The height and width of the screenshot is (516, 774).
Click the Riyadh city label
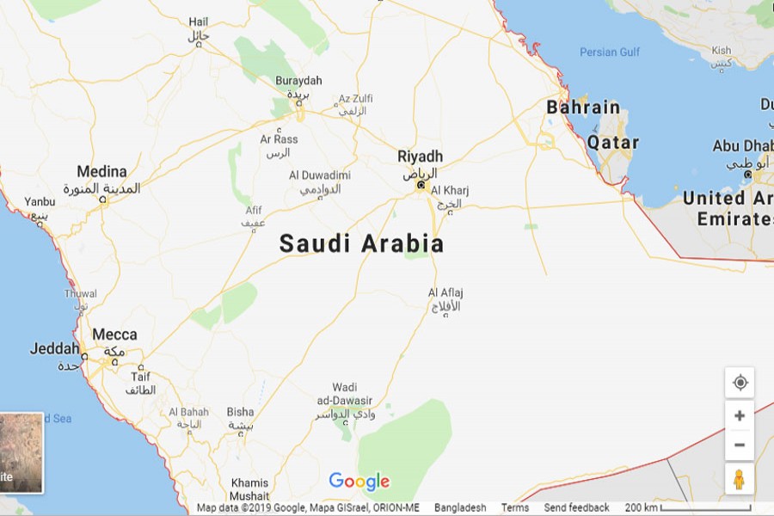(420, 157)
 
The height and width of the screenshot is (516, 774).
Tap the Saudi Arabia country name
(361, 244)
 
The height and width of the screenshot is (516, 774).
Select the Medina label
(101, 171)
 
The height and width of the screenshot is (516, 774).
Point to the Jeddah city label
(54, 349)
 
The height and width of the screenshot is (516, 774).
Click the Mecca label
(114, 335)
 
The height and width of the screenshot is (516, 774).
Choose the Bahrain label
(583, 107)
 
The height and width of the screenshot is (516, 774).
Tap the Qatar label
(613, 143)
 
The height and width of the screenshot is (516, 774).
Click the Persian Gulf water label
(610, 52)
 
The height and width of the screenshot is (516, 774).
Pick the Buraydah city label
(298, 81)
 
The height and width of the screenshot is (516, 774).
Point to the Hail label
(199, 21)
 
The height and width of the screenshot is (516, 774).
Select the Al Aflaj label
(445, 293)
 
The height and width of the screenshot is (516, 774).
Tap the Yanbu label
(40, 202)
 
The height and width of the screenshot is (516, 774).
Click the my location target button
(740, 383)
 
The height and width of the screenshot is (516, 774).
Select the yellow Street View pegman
(739, 480)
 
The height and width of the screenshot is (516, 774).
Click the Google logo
(359, 482)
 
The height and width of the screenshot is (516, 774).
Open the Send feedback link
(576, 507)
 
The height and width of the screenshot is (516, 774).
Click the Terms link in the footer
(515, 507)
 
